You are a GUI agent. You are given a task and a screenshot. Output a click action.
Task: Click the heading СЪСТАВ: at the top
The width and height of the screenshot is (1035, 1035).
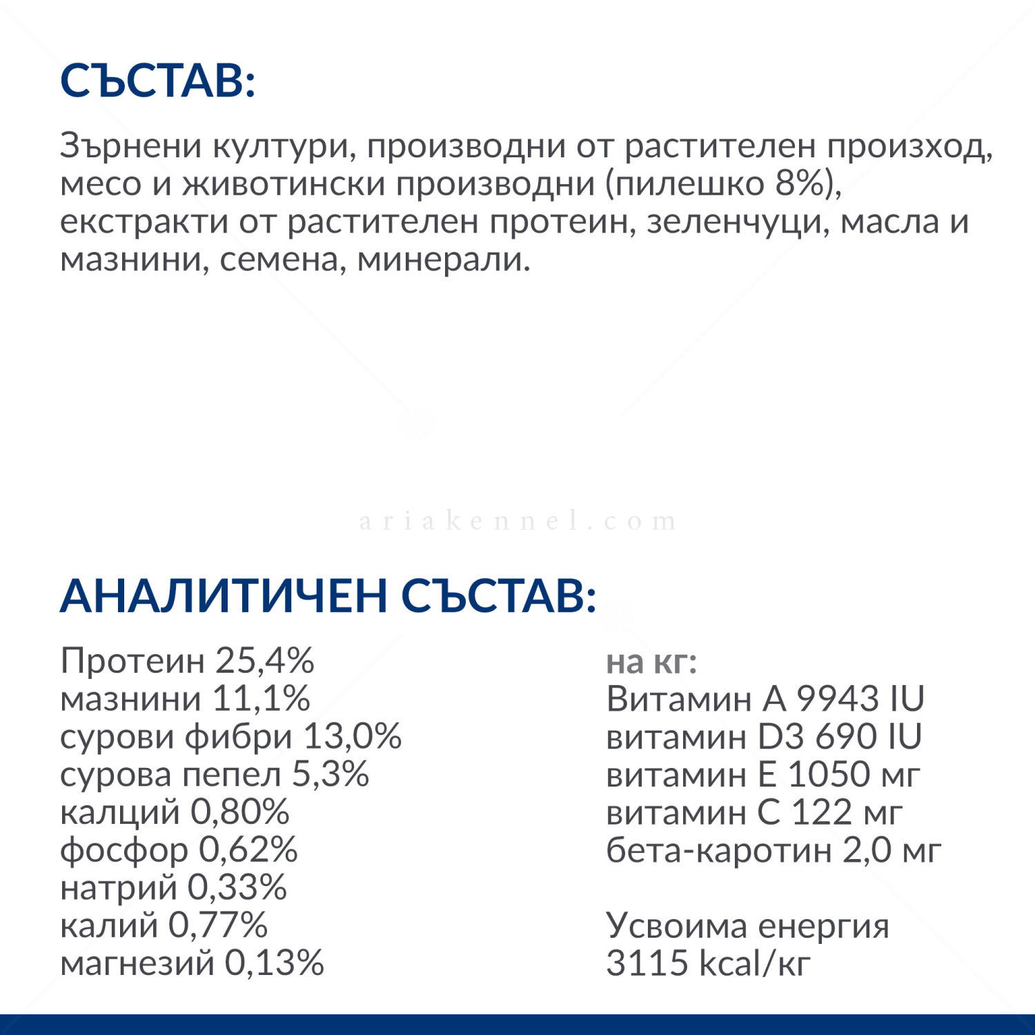158,81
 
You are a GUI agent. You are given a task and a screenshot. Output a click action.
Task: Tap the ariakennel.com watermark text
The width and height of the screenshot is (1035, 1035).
518,521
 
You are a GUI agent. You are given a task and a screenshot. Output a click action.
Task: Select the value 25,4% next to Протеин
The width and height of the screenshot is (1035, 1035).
265,661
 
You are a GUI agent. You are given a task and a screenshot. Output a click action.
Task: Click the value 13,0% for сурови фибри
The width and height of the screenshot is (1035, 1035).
353,737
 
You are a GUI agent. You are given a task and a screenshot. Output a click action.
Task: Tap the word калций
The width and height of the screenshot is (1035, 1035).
120,813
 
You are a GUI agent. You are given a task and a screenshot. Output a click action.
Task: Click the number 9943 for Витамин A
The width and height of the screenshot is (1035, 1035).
838,699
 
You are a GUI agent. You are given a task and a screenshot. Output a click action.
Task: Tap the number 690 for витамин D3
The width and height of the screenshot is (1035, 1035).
847,737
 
